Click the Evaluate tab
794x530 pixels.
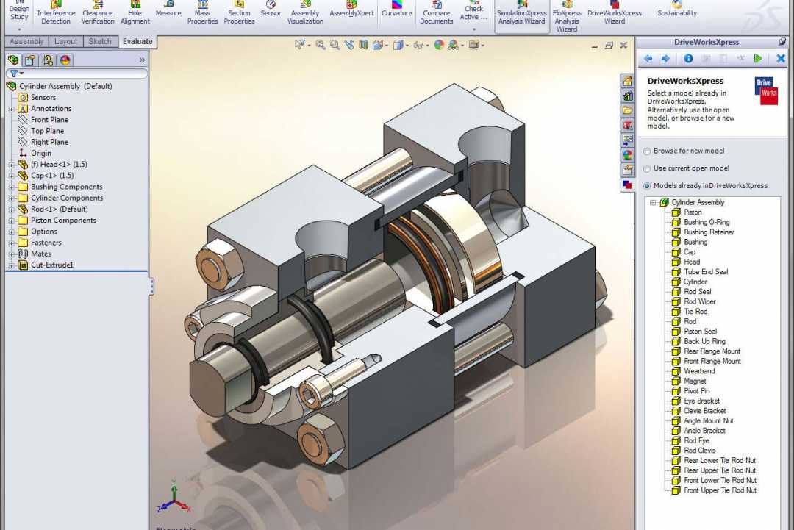tap(137, 42)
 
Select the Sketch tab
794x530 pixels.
tap(101, 42)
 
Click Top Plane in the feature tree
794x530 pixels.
tap(47, 131)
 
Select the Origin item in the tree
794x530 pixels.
tap(40, 154)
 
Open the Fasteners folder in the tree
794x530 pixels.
tap(46, 243)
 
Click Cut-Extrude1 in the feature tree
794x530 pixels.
tap(51, 265)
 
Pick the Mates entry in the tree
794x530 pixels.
tap(40, 254)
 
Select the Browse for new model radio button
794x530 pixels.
tap(647, 151)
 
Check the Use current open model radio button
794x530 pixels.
tap(647, 168)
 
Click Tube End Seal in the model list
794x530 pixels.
tap(705, 272)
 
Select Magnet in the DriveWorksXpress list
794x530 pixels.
tap(695, 382)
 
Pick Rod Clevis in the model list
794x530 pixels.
tap(699, 451)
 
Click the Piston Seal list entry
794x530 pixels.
tap(700, 332)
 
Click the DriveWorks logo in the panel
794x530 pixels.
tap(767, 89)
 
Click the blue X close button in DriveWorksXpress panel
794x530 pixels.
tap(781, 59)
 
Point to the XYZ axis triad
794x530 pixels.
tap(174, 500)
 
